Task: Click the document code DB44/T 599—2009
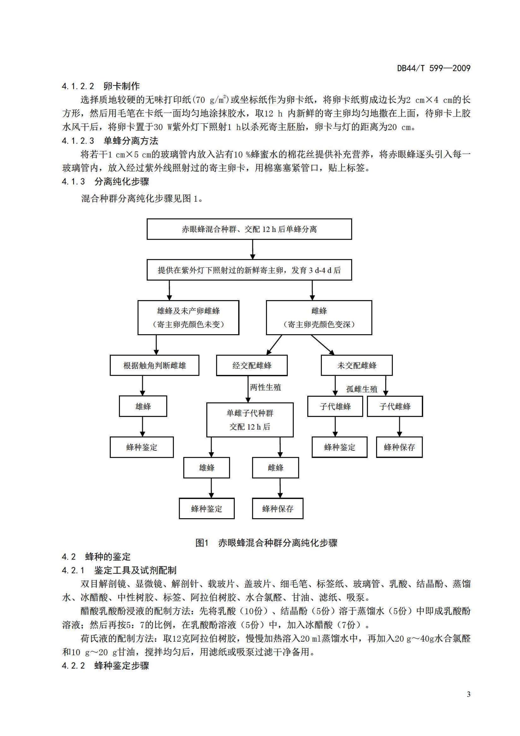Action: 433,68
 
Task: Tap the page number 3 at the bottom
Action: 469,694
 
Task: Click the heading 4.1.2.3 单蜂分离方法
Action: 110,141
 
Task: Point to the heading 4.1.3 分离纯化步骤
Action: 105,181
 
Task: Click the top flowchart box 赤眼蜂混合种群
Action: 249,229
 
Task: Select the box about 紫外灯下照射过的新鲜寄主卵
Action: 249,270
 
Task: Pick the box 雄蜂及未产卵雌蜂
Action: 188,317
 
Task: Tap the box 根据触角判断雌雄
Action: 154,365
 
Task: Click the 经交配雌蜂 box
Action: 252,365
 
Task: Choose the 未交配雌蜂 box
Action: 357,365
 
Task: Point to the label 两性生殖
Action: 265,388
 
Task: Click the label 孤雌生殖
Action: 362,389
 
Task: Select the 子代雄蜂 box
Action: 335,406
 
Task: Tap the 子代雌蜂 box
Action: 395,406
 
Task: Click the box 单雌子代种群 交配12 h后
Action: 249,420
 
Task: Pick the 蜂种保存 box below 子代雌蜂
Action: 399,447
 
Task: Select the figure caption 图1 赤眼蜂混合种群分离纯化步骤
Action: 266,543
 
